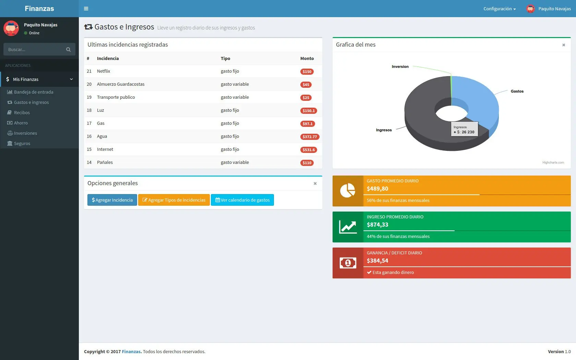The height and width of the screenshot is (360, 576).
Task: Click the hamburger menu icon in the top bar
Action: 86,9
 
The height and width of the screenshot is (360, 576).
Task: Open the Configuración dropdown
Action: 499,9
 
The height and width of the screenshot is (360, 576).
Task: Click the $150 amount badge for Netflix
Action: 307,71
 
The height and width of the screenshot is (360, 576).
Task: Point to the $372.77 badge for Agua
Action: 310,137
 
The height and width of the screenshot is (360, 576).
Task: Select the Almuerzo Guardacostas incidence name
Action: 121,84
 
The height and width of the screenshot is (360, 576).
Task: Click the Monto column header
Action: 307,58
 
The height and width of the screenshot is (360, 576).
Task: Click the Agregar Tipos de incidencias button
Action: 174,200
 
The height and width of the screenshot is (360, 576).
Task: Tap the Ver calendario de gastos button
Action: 242,200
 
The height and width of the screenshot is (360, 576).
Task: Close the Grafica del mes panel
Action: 564,45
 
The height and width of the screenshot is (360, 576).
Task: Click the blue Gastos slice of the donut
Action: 478,100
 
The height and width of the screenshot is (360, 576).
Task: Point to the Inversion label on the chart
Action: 400,67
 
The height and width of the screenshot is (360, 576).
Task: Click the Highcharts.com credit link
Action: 553,163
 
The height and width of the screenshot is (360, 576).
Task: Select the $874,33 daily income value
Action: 377,225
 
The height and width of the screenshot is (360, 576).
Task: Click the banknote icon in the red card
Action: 348,263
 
